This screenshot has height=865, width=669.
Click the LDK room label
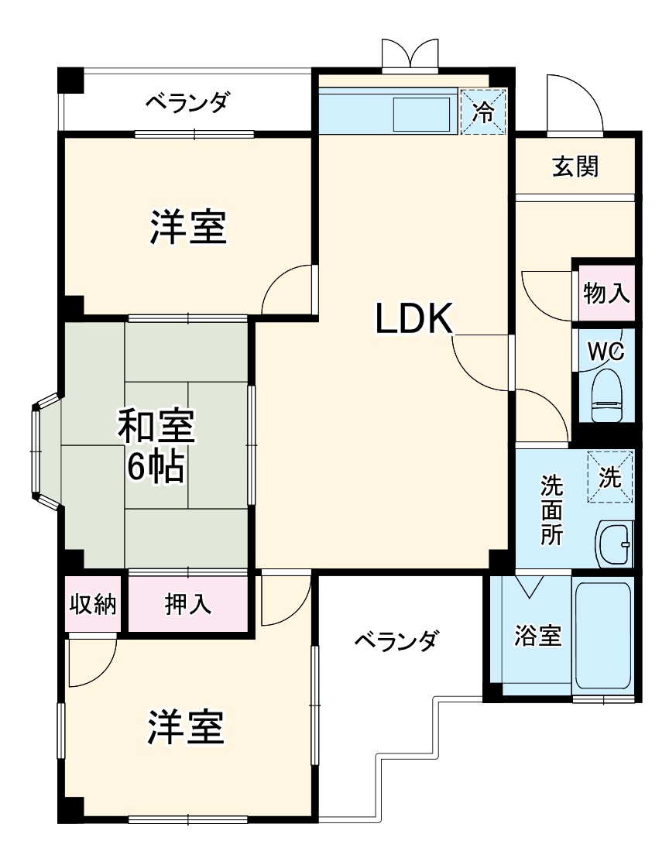413,318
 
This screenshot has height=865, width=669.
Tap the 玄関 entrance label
575,166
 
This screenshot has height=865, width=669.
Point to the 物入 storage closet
606,293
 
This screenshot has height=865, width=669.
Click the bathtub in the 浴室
605,635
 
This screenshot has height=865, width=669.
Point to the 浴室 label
538,637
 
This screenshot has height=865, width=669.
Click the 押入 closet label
187,604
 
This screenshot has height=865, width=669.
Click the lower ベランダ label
396,640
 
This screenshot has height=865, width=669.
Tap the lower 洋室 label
187,726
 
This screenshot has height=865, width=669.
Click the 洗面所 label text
552,510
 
